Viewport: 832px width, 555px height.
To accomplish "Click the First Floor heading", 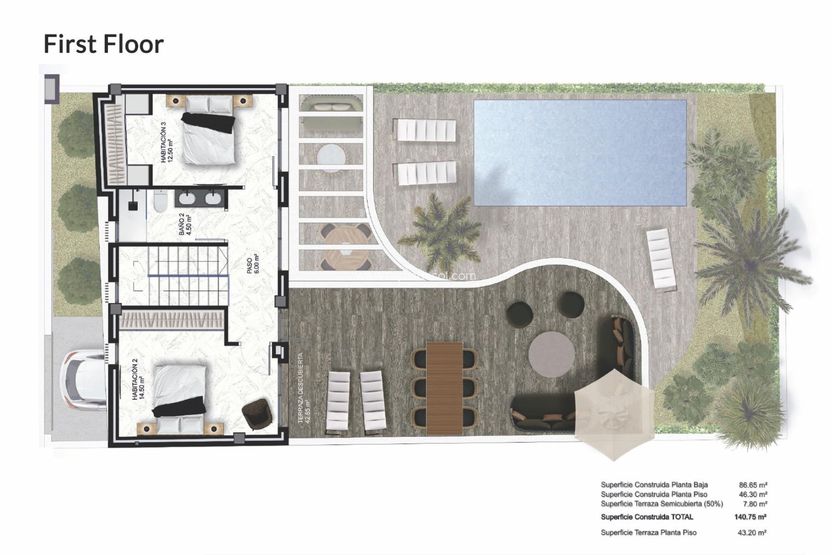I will click(x=104, y=44).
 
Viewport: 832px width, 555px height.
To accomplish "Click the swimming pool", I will click(x=580, y=153).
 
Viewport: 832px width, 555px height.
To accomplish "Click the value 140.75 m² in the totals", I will click(x=751, y=517).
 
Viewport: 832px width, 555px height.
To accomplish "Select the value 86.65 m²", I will click(x=753, y=485).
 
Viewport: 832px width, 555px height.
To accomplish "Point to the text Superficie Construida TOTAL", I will click(x=647, y=517).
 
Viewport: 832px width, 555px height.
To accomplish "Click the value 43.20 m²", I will click(x=752, y=532).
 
